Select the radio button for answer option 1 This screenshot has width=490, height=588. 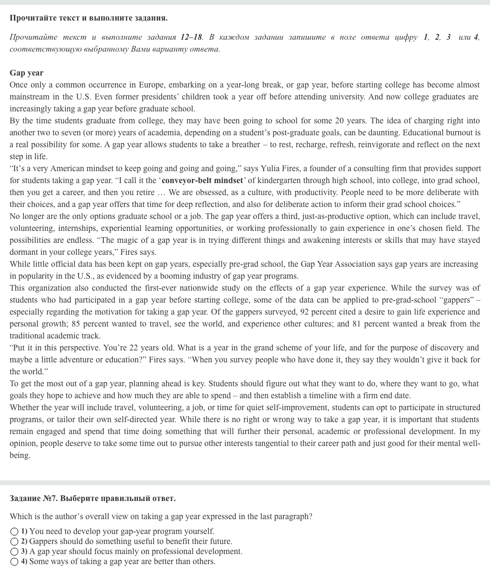point(14,532)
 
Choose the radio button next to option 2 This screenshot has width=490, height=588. point(14,542)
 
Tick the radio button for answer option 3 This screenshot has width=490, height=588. point(14,552)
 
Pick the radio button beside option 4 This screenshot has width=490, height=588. point(14,562)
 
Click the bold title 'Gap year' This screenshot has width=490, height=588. point(26,73)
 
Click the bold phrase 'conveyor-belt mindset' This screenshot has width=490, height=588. point(202,180)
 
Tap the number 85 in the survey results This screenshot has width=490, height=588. point(76,324)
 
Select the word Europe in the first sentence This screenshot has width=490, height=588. point(151,85)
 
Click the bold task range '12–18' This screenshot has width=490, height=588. point(191,37)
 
